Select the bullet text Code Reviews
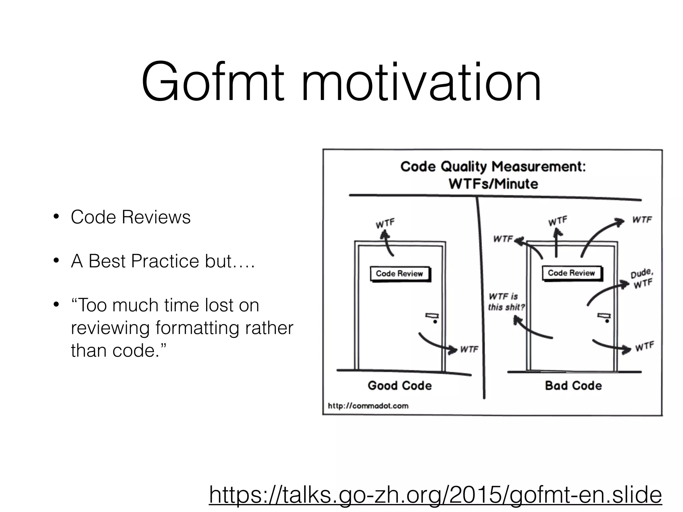(130, 217)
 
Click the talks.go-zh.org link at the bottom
(435, 494)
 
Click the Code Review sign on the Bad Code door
(571, 273)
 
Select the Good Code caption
(400, 386)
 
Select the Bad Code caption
(573, 386)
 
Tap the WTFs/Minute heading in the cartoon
(493, 184)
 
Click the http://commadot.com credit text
(368, 406)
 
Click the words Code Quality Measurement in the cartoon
(493, 167)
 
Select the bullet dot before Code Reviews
(56, 217)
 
